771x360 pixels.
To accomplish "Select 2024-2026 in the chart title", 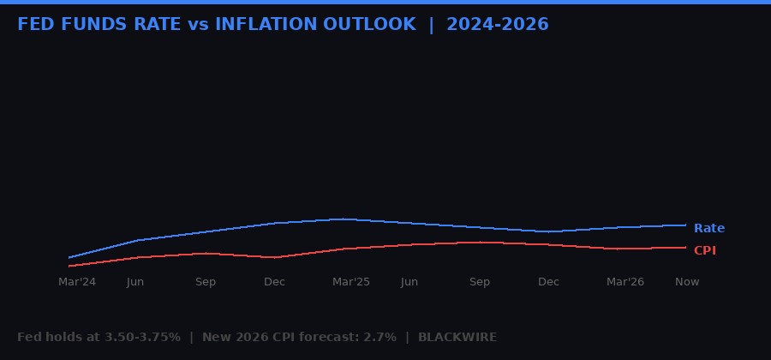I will pos(497,24).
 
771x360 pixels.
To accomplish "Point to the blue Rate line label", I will pos(708,228).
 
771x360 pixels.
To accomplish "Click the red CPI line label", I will pos(704,250).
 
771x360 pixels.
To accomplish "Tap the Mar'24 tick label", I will pos(77,282).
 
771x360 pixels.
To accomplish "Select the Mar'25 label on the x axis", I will pos(351,282).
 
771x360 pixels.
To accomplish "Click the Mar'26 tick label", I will pos(625,282).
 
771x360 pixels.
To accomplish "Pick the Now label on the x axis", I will pos(687,282).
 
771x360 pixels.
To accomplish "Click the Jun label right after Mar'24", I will pos(135,282).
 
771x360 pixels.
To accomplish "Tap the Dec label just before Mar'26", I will pos(548,282).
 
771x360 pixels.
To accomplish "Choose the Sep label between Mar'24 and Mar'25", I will pos(206,282).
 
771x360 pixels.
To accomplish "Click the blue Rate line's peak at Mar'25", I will pos(343,219).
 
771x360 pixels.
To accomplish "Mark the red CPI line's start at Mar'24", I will pos(69,266).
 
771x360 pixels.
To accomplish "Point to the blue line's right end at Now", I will pos(685,225).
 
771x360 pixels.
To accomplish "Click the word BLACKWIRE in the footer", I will pos(457,337).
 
